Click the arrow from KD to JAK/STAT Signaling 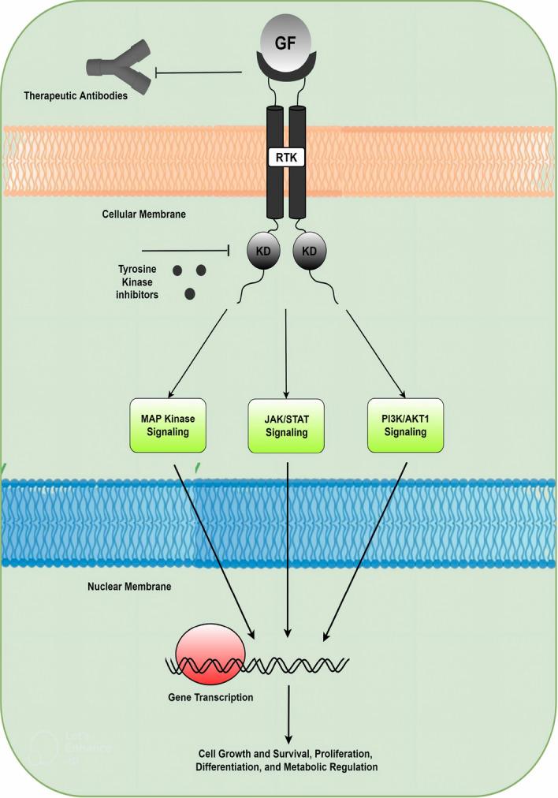coord(286,355)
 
